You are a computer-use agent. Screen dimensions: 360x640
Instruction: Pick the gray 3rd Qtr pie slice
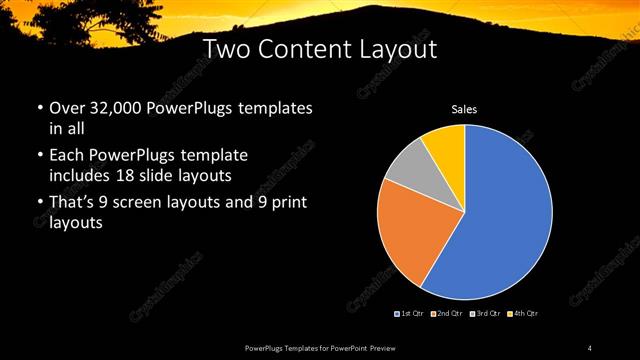pyautogui.click(x=408, y=166)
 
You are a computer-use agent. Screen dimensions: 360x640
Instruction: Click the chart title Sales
pyautogui.click(x=465, y=109)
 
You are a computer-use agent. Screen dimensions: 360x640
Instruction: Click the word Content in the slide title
pyautogui.click(x=320, y=49)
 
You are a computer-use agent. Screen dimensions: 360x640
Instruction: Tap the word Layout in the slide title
pyautogui.click(x=401, y=49)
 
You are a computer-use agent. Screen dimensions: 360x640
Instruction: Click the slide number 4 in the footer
pyautogui.click(x=590, y=347)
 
